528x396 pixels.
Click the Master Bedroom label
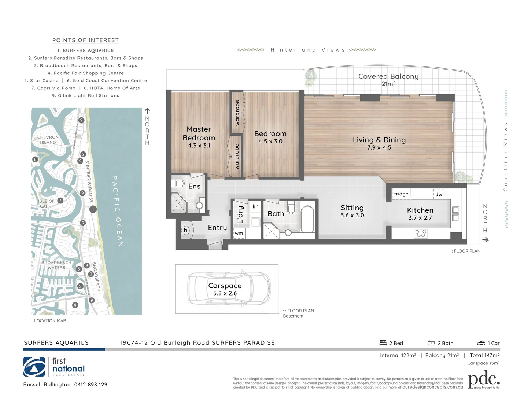199,134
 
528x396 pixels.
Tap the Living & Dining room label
379,140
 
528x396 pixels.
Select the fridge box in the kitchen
401,194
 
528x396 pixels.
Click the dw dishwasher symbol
439,194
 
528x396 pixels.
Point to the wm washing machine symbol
239,233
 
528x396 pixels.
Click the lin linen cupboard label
255,207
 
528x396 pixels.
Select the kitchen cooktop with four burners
421,233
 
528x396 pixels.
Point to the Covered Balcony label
388,77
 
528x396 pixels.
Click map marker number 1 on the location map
93,209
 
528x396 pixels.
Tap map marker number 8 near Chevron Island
35,159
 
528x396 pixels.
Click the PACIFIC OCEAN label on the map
117,211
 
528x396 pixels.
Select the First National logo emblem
34,367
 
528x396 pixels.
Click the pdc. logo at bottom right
484,379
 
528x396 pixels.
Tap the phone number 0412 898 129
91,385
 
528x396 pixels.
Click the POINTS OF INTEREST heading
85,40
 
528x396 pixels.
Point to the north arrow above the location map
147,111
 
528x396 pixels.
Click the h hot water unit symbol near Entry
185,230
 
